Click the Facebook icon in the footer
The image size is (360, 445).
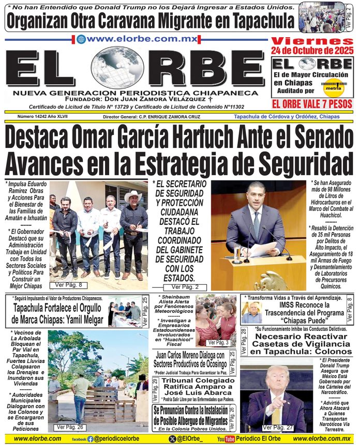point(91,439)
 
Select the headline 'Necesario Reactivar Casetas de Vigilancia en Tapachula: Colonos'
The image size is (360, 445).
point(301,344)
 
